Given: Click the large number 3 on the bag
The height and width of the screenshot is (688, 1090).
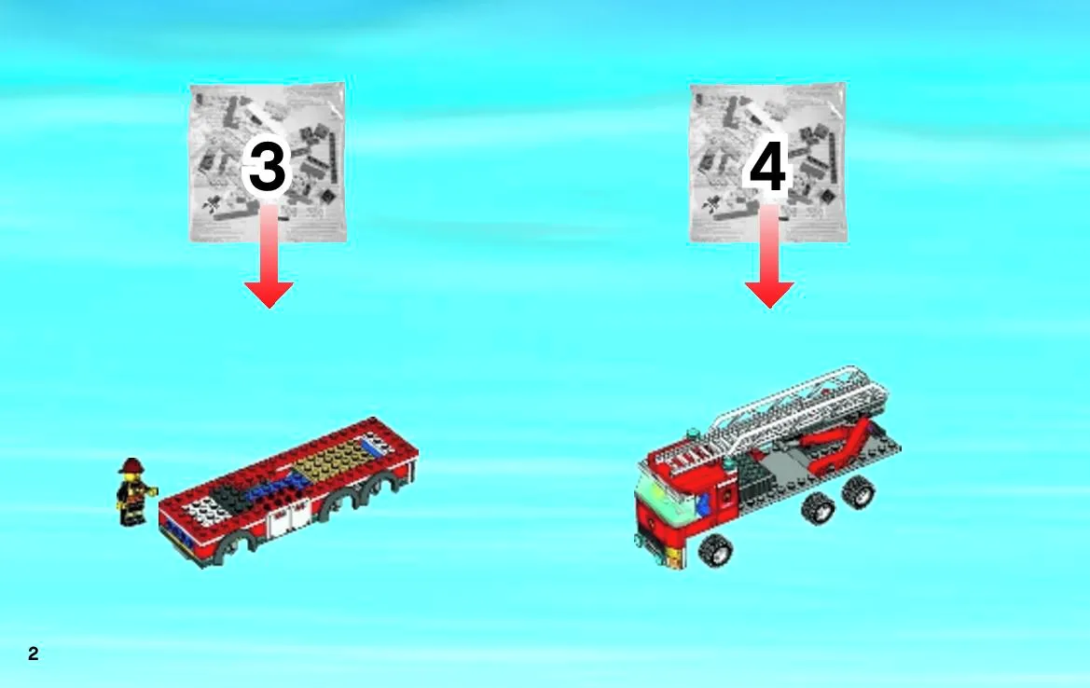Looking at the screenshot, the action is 268,166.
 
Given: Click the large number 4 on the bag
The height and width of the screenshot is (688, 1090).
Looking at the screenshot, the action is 767,166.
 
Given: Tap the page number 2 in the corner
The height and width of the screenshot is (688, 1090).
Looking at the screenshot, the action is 34,654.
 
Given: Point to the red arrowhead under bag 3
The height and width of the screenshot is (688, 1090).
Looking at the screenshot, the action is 269,294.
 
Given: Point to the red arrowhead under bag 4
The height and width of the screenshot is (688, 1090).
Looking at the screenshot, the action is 769,294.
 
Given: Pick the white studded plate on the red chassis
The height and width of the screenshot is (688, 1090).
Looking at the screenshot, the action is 206,512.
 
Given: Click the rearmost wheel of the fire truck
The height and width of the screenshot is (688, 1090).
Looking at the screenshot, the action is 859,491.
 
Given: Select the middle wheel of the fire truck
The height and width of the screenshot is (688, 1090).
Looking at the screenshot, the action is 818,508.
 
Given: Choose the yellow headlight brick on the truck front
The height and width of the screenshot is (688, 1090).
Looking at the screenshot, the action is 673,555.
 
